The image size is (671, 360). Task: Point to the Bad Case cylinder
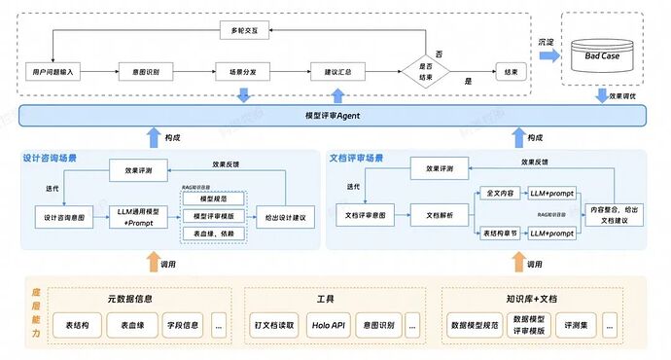pos(603,54)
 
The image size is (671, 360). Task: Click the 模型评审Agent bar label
pos(333,116)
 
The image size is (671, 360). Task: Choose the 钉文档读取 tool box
pos(273,324)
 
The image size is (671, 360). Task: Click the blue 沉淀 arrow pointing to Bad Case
pos(547,56)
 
